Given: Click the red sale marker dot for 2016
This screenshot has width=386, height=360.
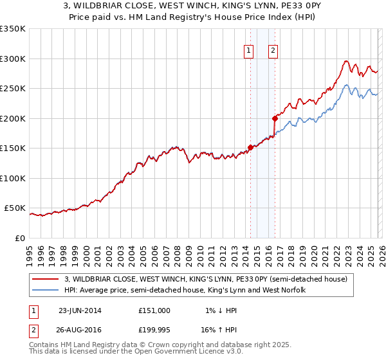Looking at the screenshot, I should [275, 118].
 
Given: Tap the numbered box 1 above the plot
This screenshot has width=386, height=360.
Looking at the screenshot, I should [248, 51].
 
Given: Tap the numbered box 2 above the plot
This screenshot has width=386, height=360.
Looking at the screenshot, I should [273, 51].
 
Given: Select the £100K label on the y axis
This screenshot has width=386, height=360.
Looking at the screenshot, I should [13, 178].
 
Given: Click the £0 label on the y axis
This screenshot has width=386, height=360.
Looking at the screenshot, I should [21, 238].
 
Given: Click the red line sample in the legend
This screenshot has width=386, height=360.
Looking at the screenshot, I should [46, 279].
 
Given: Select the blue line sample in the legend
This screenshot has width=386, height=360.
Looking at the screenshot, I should [46, 291].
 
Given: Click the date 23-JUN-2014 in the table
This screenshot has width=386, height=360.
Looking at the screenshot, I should [80, 310].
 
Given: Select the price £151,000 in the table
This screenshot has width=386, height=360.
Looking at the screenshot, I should [154, 310].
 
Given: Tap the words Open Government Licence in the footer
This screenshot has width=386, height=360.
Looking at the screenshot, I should [181, 352].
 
